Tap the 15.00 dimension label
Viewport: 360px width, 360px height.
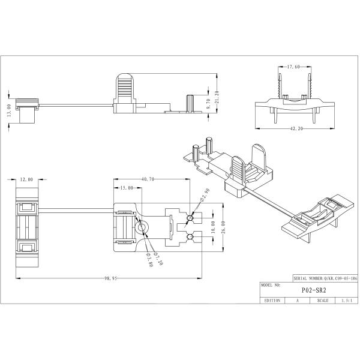point(126,188)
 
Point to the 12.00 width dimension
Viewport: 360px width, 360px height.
point(27,179)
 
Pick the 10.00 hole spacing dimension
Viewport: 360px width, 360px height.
point(212,228)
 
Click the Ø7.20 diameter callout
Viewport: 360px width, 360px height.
point(157,258)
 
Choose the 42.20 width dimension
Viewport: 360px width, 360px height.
point(292,128)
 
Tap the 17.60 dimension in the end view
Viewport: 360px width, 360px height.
point(293,67)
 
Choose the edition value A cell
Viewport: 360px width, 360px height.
point(297,299)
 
